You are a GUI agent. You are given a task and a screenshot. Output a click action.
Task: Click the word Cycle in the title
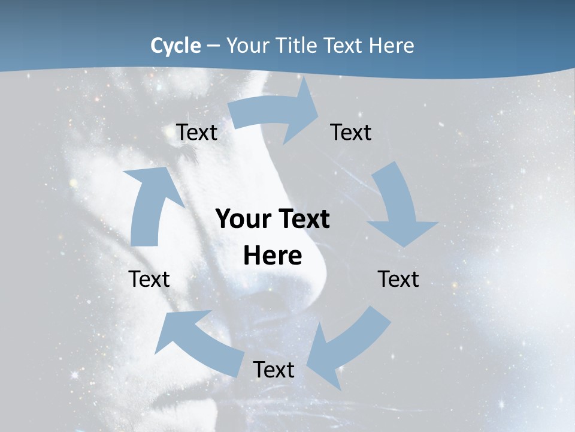(x=175, y=46)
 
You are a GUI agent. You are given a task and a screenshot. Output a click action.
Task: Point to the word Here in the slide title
(x=392, y=46)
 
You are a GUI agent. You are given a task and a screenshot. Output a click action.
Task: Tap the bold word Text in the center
(x=302, y=220)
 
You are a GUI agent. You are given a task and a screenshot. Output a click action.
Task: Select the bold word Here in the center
(x=273, y=256)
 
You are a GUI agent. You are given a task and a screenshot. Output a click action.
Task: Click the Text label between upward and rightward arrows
(x=196, y=133)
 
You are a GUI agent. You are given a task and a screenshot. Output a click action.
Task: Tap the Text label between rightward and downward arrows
(x=351, y=133)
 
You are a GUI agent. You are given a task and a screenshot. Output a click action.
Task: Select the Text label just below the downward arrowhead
(x=398, y=280)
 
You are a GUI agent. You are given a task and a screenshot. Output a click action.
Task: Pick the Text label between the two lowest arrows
(x=274, y=370)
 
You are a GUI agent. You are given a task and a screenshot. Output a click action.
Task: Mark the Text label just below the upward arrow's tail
(x=149, y=280)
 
